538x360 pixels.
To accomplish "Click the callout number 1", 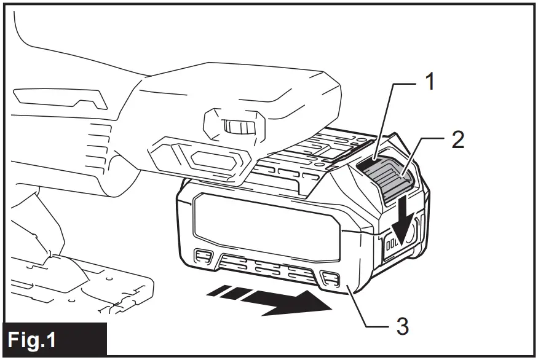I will (x=432, y=82).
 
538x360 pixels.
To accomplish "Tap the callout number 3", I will (x=401, y=326).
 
